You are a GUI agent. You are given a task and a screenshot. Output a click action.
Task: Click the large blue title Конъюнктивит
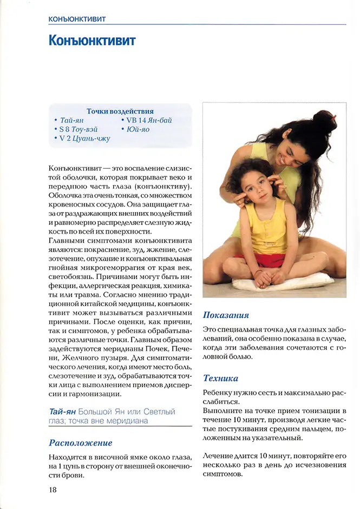[x=92, y=41]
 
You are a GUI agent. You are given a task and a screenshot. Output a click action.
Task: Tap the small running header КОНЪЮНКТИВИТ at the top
[x=76, y=19]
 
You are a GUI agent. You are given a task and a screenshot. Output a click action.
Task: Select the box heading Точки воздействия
[x=120, y=111]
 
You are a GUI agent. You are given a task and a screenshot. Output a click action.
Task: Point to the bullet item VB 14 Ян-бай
[x=149, y=121]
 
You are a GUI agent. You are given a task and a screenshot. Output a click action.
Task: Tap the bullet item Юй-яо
[x=138, y=130]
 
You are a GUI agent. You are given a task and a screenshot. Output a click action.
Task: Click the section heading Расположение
[x=81, y=443]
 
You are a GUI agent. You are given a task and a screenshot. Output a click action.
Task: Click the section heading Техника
[x=220, y=378]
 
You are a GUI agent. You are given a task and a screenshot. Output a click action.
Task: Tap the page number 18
[x=52, y=490]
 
